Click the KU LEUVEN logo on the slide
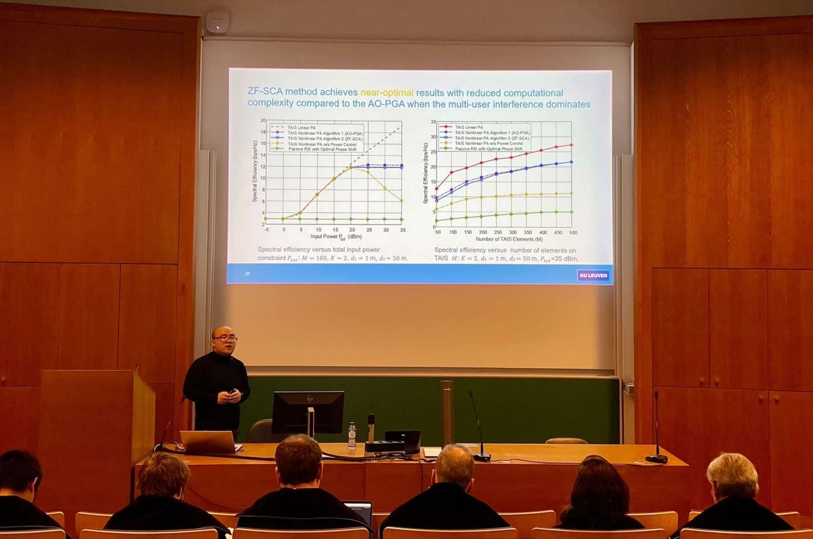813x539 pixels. (593, 275)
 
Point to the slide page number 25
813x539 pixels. (247, 273)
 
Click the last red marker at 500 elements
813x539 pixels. (571, 145)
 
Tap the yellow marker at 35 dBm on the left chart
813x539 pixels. (402, 201)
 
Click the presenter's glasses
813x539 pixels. (226, 338)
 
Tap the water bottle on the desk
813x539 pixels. (352, 435)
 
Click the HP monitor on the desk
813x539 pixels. (308, 412)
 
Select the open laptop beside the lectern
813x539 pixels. (209, 442)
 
